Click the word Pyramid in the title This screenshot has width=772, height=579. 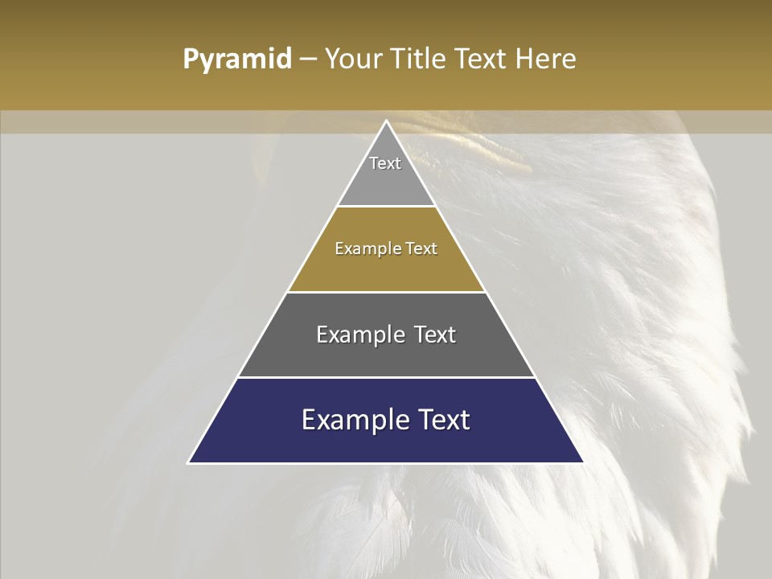click(x=237, y=60)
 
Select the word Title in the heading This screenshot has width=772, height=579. click(x=419, y=60)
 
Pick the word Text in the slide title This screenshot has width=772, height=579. click(x=482, y=60)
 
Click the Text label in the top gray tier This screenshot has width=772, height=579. click(x=385, y=163)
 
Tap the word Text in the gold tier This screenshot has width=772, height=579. click(x=422, y=248)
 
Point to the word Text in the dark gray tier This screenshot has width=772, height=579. click(x=435, y=335)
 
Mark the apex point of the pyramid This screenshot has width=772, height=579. click(x=386, y=121)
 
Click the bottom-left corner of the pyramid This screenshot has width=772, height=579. click(x=189, y=462)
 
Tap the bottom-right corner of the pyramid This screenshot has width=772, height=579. click(x=583, y=462)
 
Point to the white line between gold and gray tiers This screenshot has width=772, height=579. click(x=386, y=292)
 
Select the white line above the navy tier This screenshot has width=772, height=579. click(x=386, y=377)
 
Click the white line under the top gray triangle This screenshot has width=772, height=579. click(x=386, y=207)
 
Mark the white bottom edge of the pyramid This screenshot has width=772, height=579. click(x=386, y=463)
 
